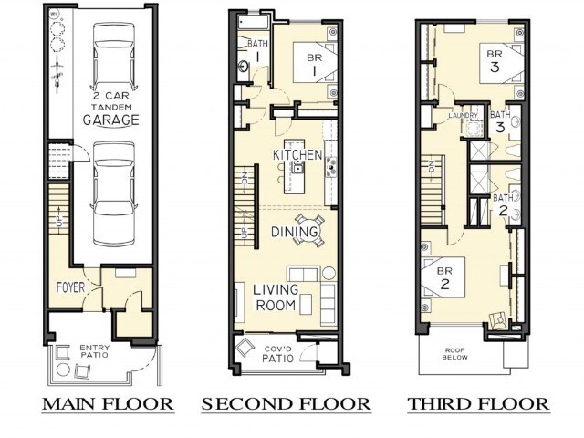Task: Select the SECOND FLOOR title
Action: click(x=286, y=402)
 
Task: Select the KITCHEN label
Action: click(x=297, y=156)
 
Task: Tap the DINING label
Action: click(x=294, y=234)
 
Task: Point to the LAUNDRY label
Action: click(x=464, y=117)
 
